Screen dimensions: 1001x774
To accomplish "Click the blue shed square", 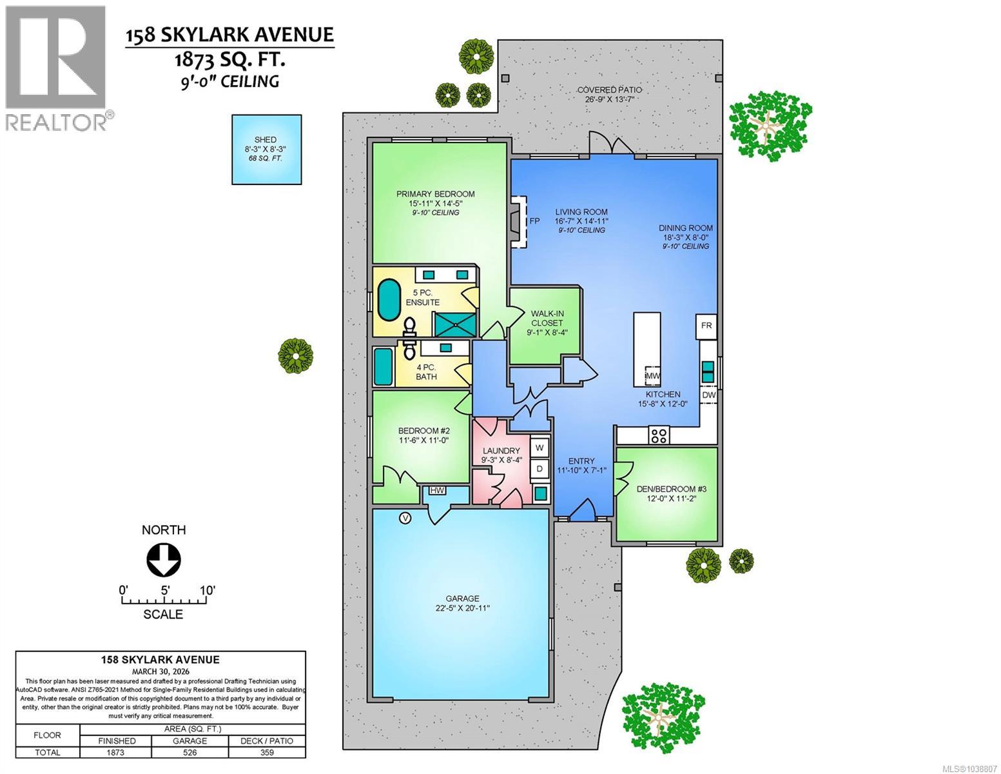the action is pos(266,150).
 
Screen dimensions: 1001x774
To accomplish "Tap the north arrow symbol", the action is pos(164,560).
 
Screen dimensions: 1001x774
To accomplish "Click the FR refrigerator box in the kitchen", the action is pos(706,326).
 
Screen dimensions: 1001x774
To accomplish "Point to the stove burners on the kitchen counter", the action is pos(659,435).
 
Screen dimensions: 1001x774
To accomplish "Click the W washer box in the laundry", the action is pos(539,447).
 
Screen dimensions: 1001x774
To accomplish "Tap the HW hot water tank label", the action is pos(437,490).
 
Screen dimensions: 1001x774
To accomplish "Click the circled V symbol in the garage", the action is pos(405,519).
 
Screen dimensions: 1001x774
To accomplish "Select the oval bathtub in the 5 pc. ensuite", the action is pos(389,300).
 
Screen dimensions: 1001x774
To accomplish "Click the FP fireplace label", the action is pos(534,221).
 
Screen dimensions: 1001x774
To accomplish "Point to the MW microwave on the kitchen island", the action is pos(652,375).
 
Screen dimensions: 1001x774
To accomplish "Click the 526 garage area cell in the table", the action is pos(190,752).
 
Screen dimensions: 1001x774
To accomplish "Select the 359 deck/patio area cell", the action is pos(267,752).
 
